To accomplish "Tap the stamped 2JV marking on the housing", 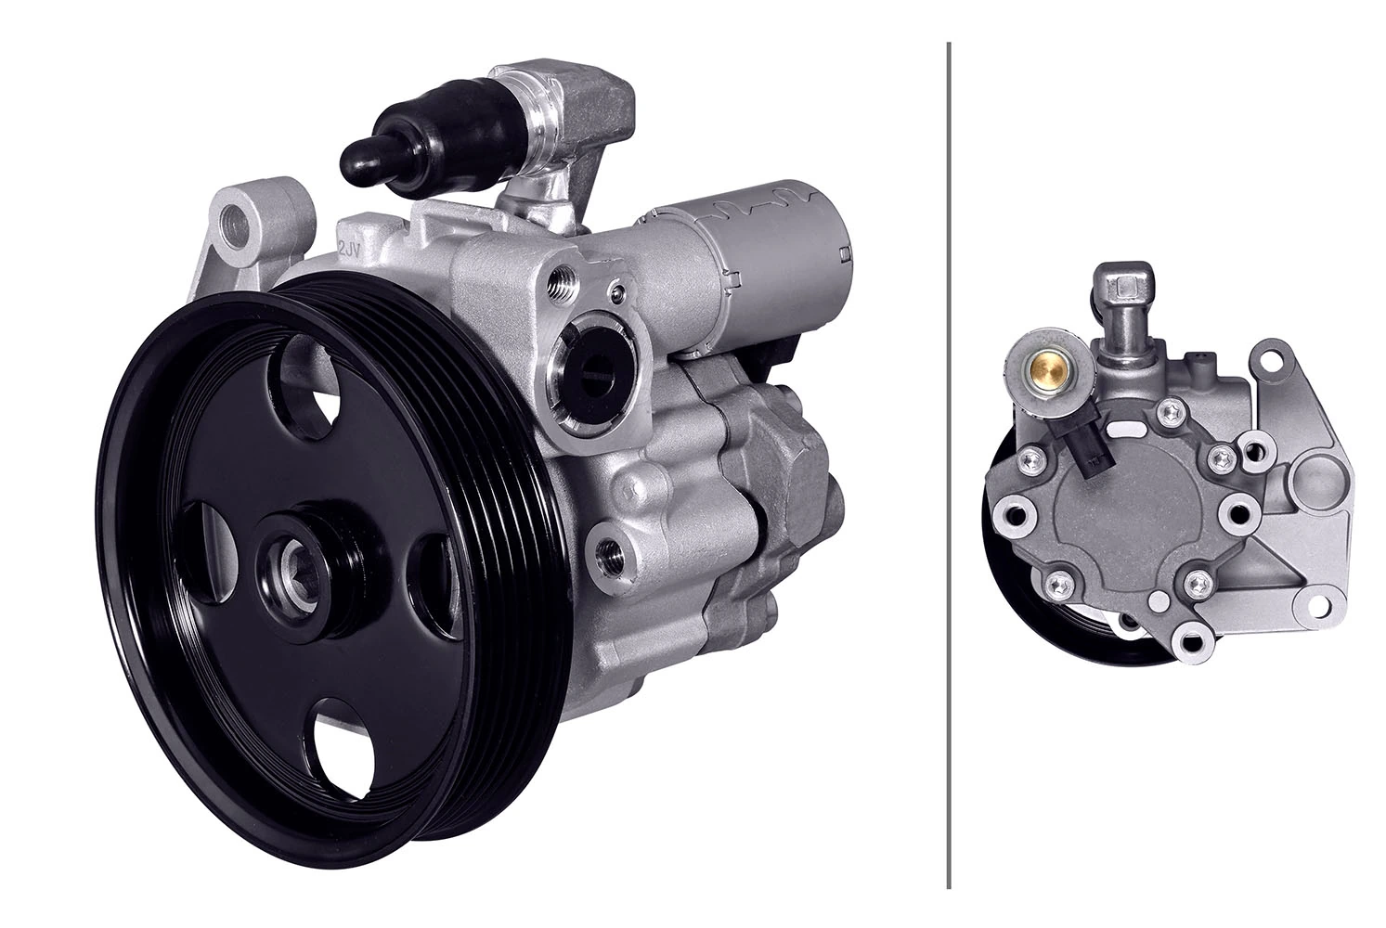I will tap(349, 250).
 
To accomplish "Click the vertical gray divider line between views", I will tap(948, 464).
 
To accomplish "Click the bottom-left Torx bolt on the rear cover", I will tap(1056, 585).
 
